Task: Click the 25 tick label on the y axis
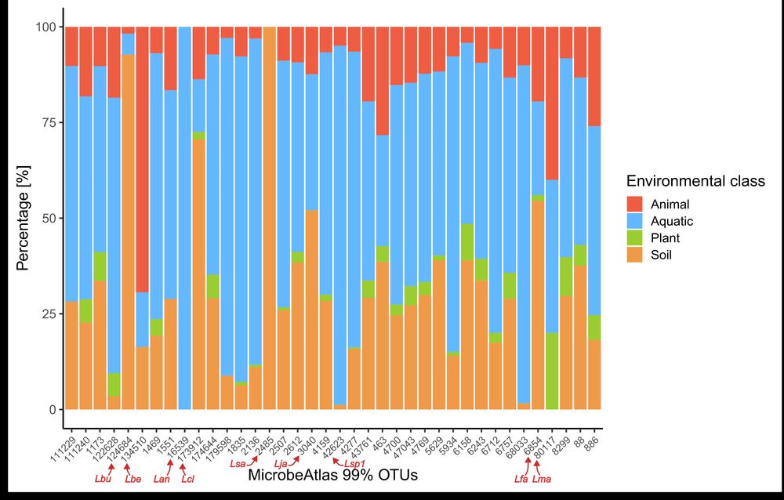(44, 313)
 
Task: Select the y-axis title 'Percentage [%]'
(23, 218)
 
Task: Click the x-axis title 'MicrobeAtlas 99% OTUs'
(332, 475)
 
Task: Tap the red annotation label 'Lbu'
(103, 478)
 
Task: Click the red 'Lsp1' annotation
(355, 465)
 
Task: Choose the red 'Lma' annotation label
(542, 479)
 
